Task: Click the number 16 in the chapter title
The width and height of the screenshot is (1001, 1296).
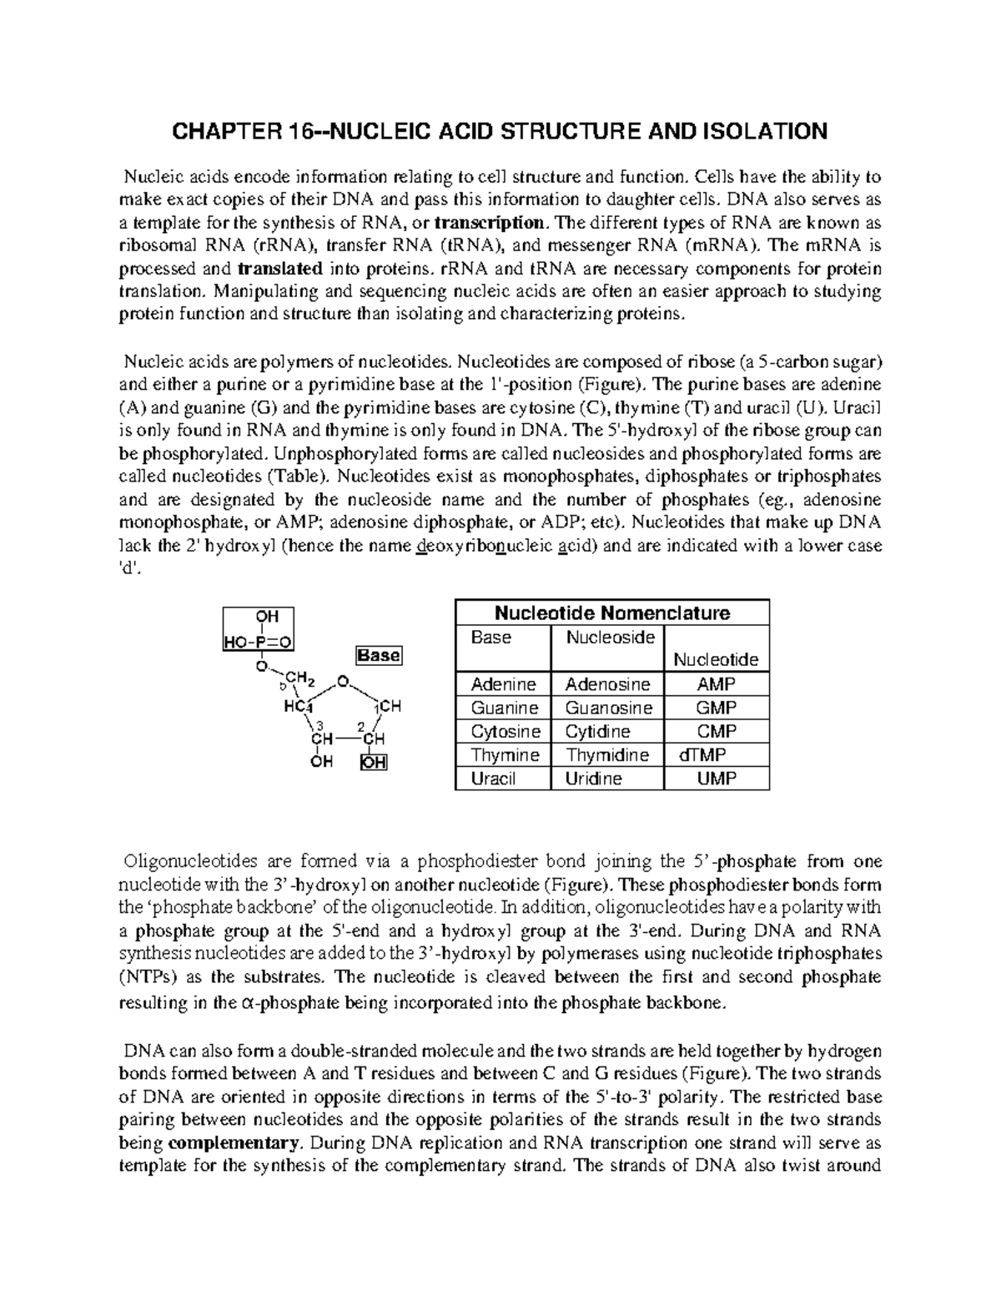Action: (x=297, y=131)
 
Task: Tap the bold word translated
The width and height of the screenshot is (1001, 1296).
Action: (x=280, y=269)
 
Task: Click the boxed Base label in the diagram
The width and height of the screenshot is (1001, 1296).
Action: (x=380, y=656)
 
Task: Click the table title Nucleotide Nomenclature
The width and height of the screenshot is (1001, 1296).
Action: (x=612, y=613)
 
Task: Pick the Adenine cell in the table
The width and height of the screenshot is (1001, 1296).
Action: (x=503, y=684)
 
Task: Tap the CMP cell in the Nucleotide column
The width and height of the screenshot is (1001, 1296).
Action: (x=717, y=732)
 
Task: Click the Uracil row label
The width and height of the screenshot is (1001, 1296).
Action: (x=494, y=779)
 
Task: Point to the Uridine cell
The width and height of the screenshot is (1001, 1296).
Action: (x=594, y=779)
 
